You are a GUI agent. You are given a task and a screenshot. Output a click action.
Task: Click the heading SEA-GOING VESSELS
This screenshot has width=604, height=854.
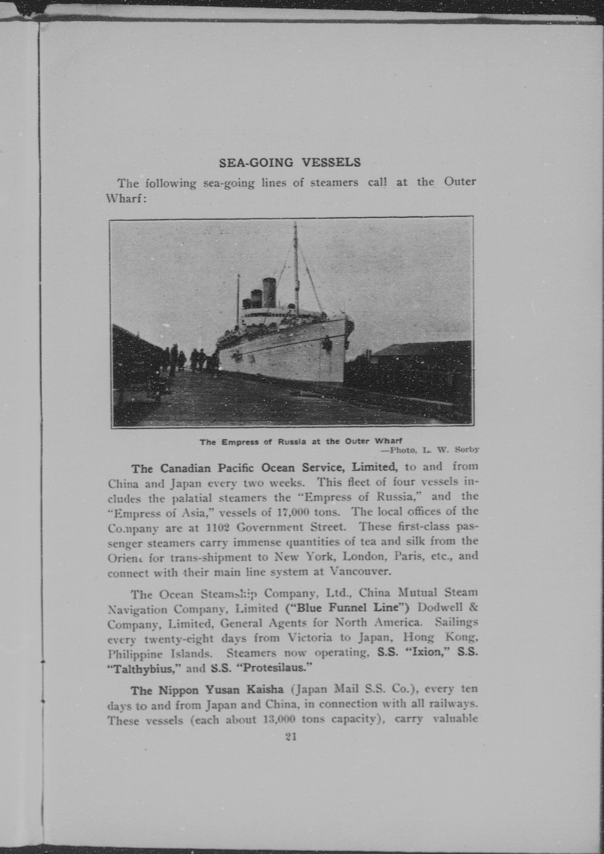[x=290, y=163]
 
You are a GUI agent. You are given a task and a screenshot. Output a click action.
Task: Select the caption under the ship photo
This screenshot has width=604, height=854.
[x=301, y=442]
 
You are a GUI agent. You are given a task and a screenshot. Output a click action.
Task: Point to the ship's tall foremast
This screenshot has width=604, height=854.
[x=296, y=268]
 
